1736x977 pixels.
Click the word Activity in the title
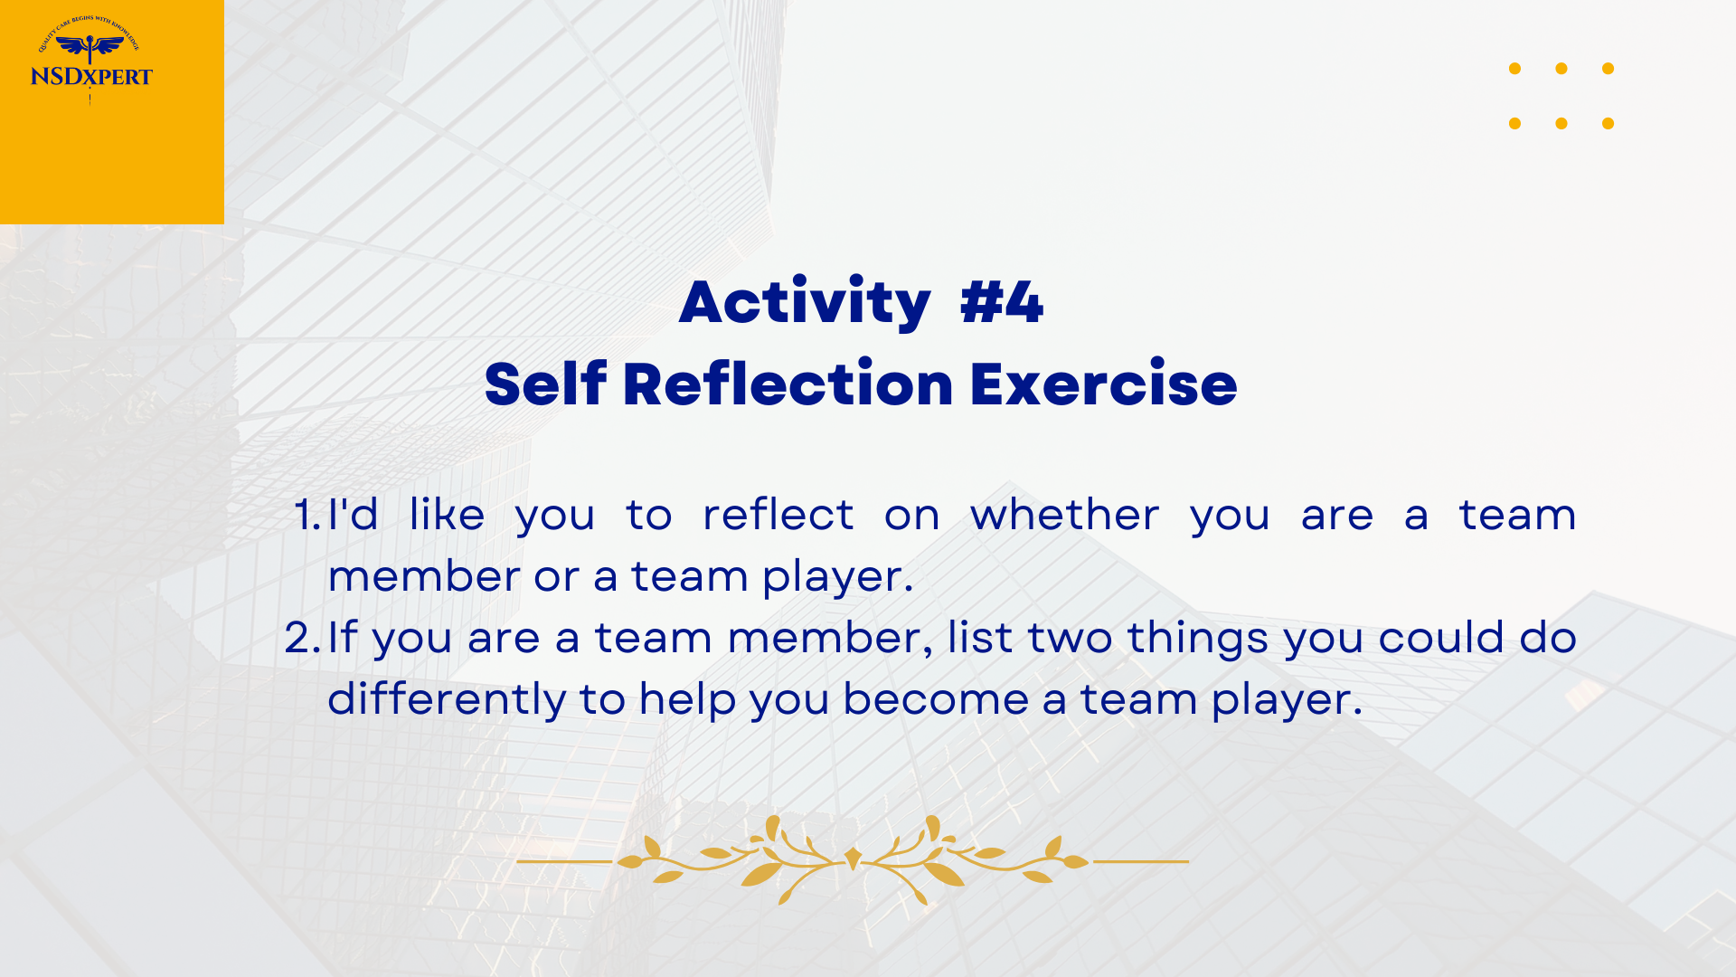[x=805, y=302]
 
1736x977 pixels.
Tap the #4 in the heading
[x=1002, y=302]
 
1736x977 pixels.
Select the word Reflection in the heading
[x=788, y=384]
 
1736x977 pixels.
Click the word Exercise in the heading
[x=1103, y=384]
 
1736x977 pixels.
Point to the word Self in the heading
[x=545, y=384]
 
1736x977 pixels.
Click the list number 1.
[x=308, y=515]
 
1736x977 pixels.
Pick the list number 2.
[x=303, y=638]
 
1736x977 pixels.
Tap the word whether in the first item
[x=1064, y=514]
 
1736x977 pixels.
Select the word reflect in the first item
[x=778, y=514]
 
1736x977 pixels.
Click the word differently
[x=447, y=700]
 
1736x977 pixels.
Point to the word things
[x=1198, y=639]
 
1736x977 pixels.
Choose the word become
[x=936, y=698]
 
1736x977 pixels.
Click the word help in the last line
[x=687, y=700]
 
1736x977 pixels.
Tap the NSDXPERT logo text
[x=91, y=76]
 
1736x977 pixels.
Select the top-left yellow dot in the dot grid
[x=1515, y=69]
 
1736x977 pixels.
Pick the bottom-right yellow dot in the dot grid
[x=1608, y=123]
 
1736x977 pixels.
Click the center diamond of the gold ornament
[x=853, y=858]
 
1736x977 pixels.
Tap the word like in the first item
[x=447, y=514]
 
